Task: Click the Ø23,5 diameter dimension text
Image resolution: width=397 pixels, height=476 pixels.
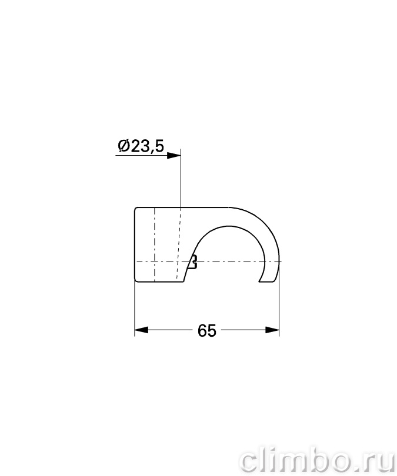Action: click(141, 146)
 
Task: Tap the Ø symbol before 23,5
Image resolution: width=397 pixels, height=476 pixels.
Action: click(124, 146)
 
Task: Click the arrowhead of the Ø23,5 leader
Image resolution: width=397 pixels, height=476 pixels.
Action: click(174, 155)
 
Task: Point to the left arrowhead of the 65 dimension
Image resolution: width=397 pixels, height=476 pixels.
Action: click(141, 330)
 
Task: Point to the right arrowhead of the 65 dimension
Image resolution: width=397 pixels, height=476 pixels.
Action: click(272, 330)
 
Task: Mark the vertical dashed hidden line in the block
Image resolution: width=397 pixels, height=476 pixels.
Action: click(155, 244)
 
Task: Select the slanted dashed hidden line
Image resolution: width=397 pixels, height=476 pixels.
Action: click(178, 244)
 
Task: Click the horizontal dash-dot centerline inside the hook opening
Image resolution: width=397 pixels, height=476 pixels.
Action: click(231, 262)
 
